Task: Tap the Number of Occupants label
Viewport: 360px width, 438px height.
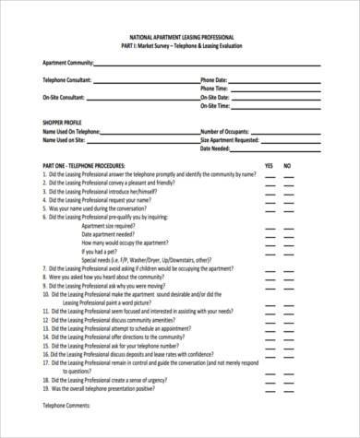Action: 231,132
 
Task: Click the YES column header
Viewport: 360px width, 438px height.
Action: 270,166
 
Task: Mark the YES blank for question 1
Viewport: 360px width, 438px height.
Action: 270,175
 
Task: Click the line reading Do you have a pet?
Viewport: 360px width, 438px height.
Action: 102,250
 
